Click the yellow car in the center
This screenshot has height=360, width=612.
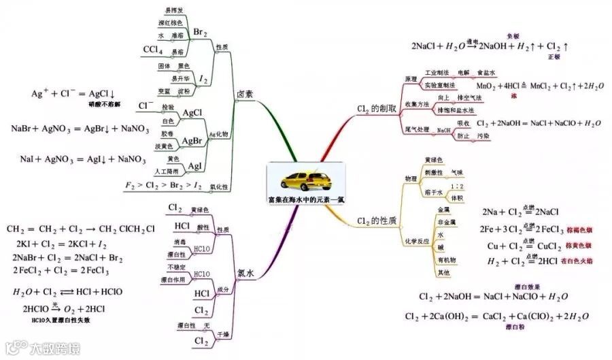306,180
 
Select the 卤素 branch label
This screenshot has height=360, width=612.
245,94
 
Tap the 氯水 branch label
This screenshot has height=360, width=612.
245,273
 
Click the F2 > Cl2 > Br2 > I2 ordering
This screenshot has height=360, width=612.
164,184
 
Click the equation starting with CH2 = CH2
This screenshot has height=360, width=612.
80,229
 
